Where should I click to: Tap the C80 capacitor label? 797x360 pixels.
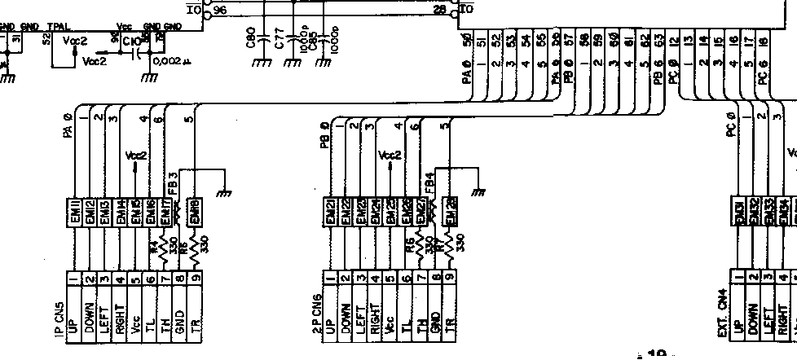251,37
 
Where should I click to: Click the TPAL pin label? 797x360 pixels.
58,27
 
